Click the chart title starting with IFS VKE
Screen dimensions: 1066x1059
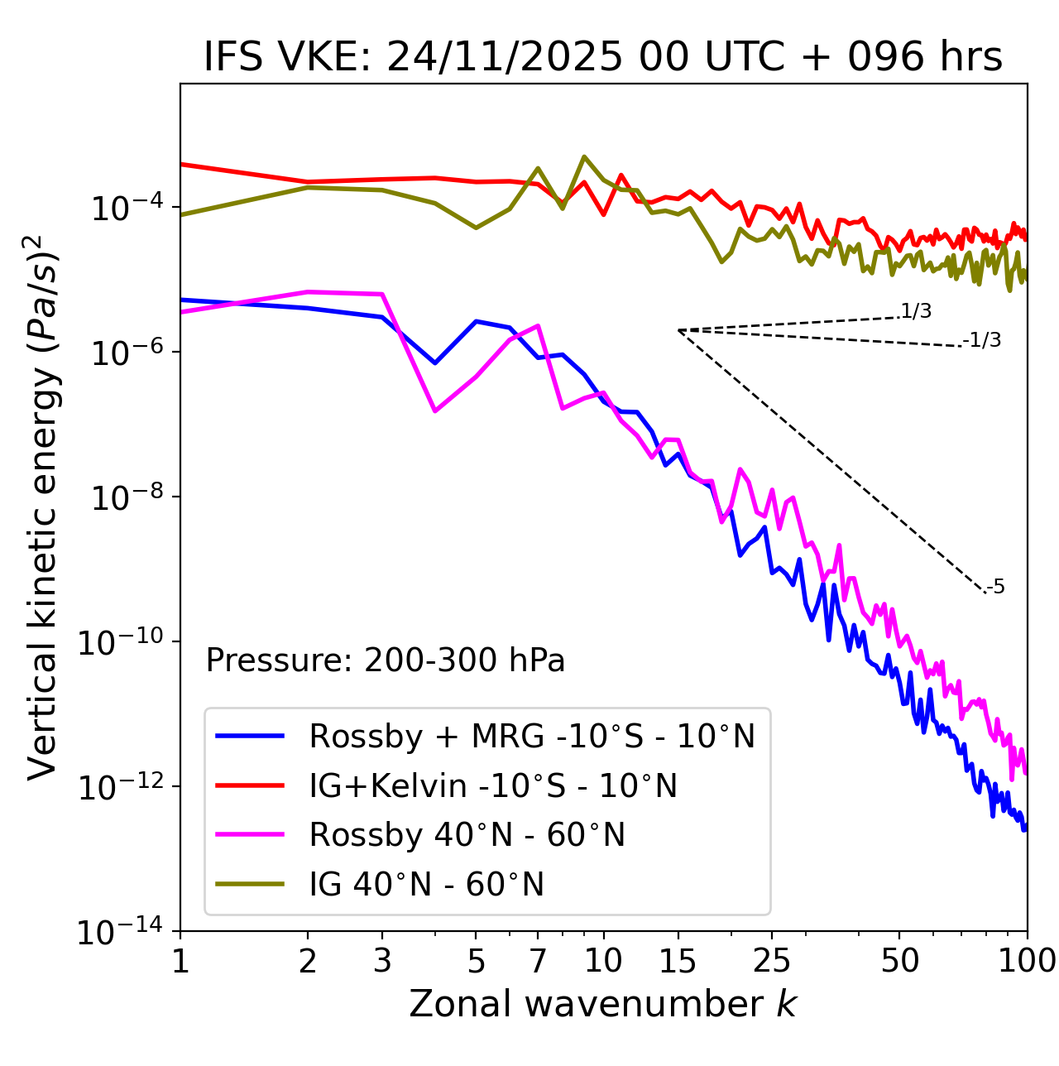pos(603,57)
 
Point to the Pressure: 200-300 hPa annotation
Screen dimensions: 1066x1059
pos(385,660)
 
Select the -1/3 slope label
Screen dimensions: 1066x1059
pos(983,340)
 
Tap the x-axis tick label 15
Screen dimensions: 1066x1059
pos(678,961)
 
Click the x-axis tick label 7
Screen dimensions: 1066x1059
pos(538,961)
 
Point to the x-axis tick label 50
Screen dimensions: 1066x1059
pos(899,961)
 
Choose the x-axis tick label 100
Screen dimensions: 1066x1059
pos(1027,961)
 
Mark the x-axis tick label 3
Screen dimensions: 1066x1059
pos(382,961)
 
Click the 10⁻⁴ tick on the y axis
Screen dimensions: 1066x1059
pos(124,209)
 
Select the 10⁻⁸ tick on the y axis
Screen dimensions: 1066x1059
pos(124,498)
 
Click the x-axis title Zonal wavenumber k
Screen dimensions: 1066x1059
pos(603,1004)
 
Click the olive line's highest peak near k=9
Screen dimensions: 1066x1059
pos(584,156)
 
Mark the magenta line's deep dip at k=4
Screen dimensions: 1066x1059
pos(434,411)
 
